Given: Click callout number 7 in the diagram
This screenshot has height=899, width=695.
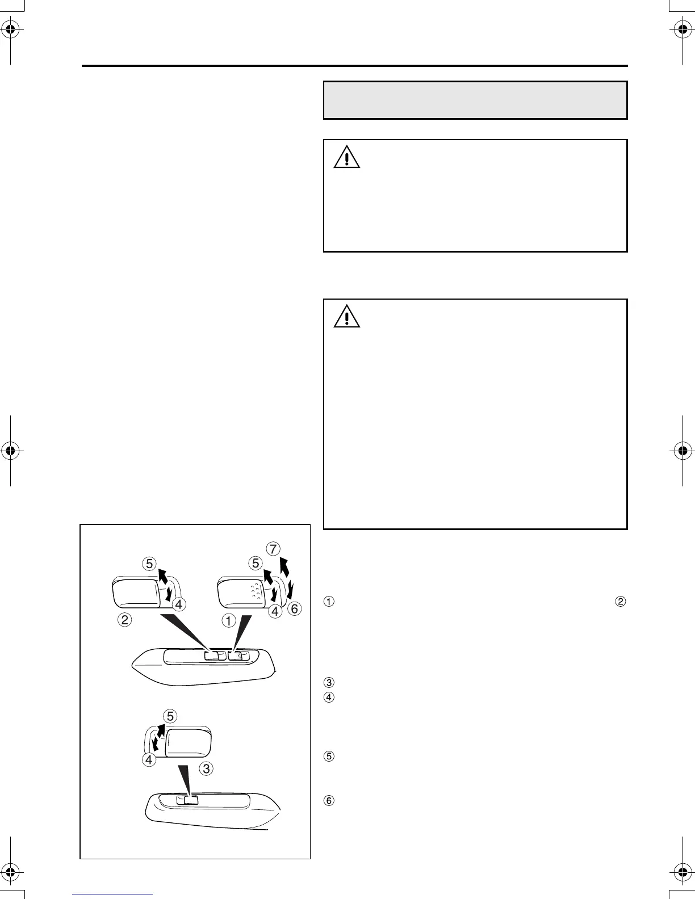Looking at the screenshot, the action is pyautogui.click(x=274, y=549).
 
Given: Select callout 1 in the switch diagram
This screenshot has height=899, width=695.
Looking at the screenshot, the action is pyautogui.click(x=228, y=620).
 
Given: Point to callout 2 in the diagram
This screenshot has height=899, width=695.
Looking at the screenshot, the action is pyautogui.click(x=125, y=620).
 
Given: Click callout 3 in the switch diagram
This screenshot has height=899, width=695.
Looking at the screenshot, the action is pyautogui.click(x=207, y=769).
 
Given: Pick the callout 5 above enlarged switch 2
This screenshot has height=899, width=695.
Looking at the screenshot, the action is pyautogui.click(x=149, y=564).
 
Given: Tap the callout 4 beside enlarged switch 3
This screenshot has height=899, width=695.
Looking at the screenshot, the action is pyautogui.click(x=149, y=759).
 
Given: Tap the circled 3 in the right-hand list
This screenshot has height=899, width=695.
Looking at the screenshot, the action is pyautogui.click(x=329, y=682).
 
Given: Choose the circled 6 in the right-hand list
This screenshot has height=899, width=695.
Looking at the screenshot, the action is pyautogui.click(x=329, y=801).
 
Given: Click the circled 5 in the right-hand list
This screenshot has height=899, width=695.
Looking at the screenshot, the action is pyautogui.click(x=329, y=756).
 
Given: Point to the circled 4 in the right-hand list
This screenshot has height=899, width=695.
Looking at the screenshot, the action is pyautogui.click(x=329, y=696).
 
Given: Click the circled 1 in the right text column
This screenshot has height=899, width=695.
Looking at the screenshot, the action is pyautogui.click(x=329, y=602).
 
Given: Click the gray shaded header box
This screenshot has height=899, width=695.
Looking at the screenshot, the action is pyautogui.click(x=475, y=100).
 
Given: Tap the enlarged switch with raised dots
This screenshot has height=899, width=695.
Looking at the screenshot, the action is pyautogui.click(x=242, y=592).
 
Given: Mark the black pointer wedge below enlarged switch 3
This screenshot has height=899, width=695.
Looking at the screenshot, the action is pyautogui.click(x=186, y=778).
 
